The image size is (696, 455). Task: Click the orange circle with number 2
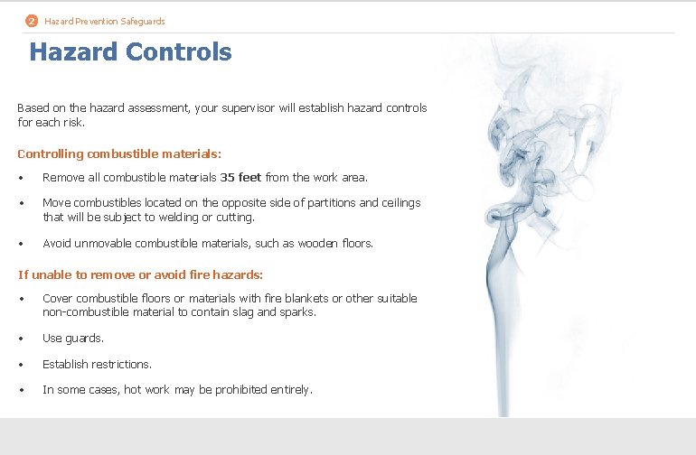(32, 21)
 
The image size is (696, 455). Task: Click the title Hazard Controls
(130, 52)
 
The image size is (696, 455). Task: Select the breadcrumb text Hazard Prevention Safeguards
(105, 21)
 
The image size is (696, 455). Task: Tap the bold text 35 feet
(240, 177)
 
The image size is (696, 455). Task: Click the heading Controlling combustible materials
(119, 154)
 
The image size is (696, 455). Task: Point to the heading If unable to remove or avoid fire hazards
(141, 274)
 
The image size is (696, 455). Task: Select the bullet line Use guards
(73, 339)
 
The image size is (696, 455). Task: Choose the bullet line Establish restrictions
(97, 364)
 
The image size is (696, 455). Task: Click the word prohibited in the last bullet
(248, 390)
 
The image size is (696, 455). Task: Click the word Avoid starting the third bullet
(57, 243)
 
